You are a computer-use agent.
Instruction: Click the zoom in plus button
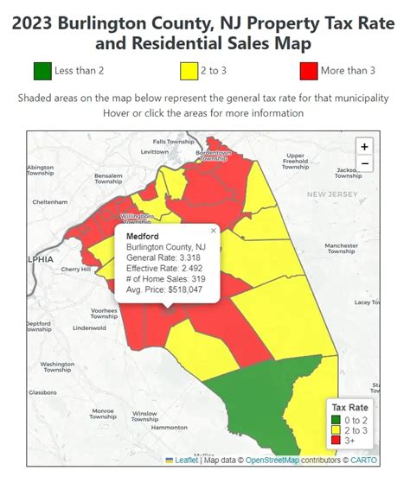click(x=364, y=147)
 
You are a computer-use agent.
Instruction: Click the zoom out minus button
click(x=364, y=163)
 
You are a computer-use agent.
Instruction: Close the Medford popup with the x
click(x=213, y=231)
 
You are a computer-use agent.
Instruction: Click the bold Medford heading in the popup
click(x=142, y=235)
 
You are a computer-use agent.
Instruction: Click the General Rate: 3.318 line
click(x=163, y=257)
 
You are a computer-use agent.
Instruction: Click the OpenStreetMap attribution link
click(x=272, y=460)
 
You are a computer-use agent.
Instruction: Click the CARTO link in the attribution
click(x=363, y=460)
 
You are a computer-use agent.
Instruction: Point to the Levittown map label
click(x=154, y=151)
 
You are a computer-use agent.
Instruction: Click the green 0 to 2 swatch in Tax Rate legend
click(x=335, y=420)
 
